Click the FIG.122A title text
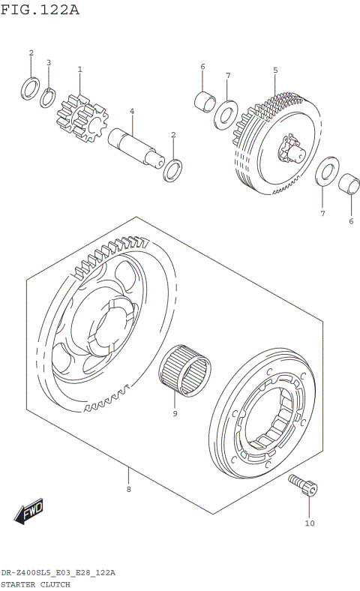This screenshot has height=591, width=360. click(40, 10)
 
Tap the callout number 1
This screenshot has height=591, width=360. click(80, 70)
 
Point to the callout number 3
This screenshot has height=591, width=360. click(49, 63)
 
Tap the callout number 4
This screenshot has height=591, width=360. click(131, 112)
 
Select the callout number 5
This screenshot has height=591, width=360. click(275, 70)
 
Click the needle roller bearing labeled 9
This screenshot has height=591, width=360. click(185, 368)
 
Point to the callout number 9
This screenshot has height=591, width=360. click(175, 412)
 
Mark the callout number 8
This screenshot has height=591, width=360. click(128, 490)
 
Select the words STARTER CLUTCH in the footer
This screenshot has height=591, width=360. click(35, 583)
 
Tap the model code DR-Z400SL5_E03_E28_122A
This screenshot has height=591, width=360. click(58, 572)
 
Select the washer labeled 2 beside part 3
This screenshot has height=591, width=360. click(30, 88)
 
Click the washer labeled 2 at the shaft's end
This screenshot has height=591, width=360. click(172, 169)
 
